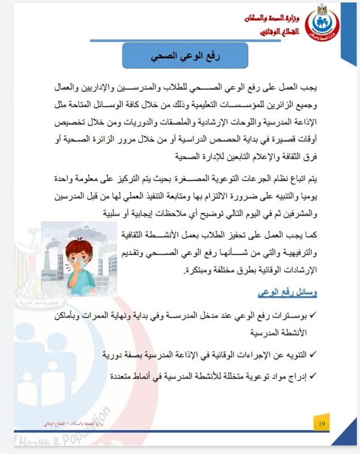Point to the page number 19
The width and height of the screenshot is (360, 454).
pos(322,423)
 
